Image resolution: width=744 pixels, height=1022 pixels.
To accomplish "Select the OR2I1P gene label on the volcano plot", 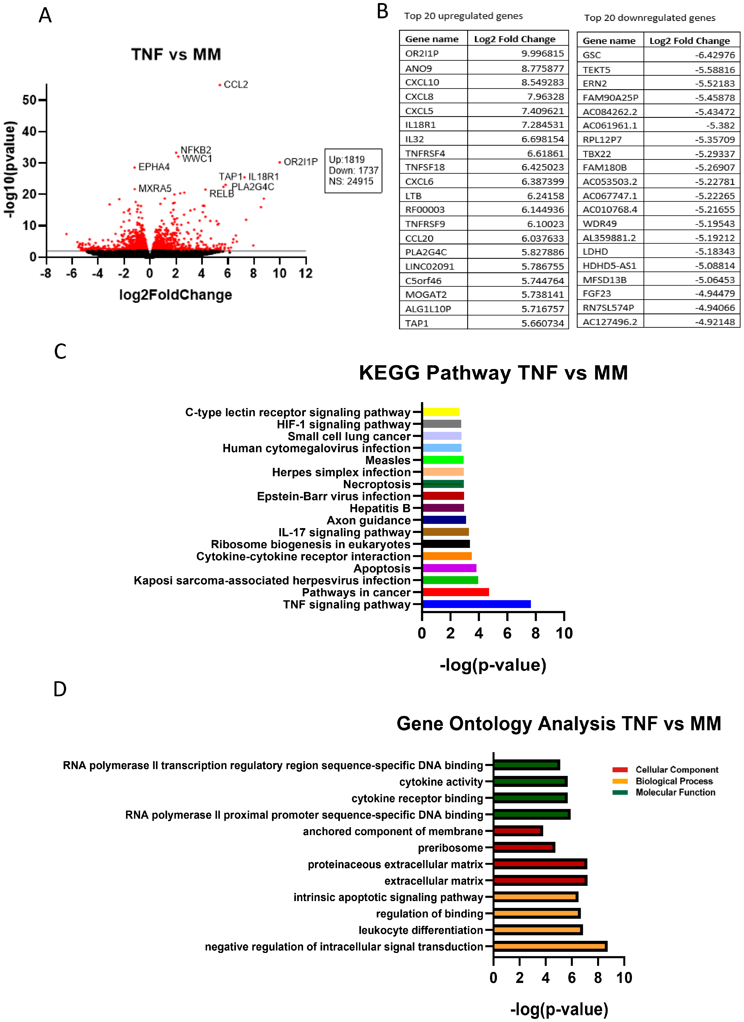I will point(300,162).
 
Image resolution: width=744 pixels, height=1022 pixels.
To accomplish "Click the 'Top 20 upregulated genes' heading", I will point(463,16).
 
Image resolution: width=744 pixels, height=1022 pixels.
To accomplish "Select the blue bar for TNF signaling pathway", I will point(476,604).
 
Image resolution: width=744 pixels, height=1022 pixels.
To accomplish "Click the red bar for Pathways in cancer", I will point(455,592).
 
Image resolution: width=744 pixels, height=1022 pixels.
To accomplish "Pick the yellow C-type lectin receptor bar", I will point(440,412).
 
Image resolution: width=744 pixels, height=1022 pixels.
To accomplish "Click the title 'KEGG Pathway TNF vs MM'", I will point(493,373).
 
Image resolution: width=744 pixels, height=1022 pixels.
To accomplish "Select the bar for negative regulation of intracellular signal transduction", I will point(550,946).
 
